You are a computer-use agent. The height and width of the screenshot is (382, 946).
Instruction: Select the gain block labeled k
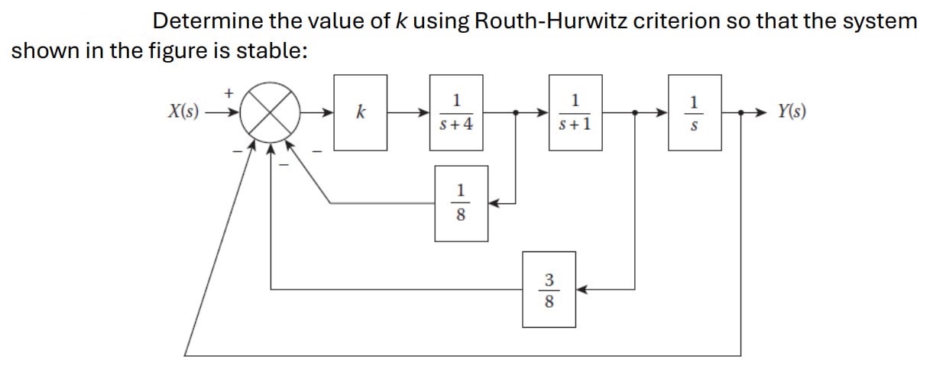point(360,112)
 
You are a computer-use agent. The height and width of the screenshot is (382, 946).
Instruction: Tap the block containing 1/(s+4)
point(456,112)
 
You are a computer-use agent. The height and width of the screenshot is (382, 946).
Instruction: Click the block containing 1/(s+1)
point(575,112)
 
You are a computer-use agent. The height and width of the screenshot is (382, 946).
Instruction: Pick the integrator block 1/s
point(694,112)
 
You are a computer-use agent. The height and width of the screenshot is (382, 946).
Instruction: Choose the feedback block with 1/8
point(461,203)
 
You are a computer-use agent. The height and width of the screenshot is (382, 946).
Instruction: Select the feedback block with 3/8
point(549,290)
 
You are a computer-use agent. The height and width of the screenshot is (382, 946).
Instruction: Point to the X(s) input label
point(183,112)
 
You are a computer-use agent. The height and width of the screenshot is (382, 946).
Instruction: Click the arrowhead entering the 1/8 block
point(494,203)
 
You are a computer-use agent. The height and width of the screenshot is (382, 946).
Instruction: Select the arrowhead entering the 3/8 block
point(582,290)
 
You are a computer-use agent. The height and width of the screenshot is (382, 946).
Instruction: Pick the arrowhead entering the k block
point(329,112)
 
